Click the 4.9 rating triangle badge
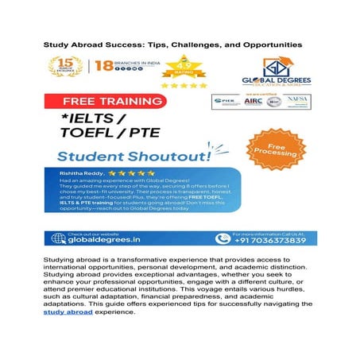183,67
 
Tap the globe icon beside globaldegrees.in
57,238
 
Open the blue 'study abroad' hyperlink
69,312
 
